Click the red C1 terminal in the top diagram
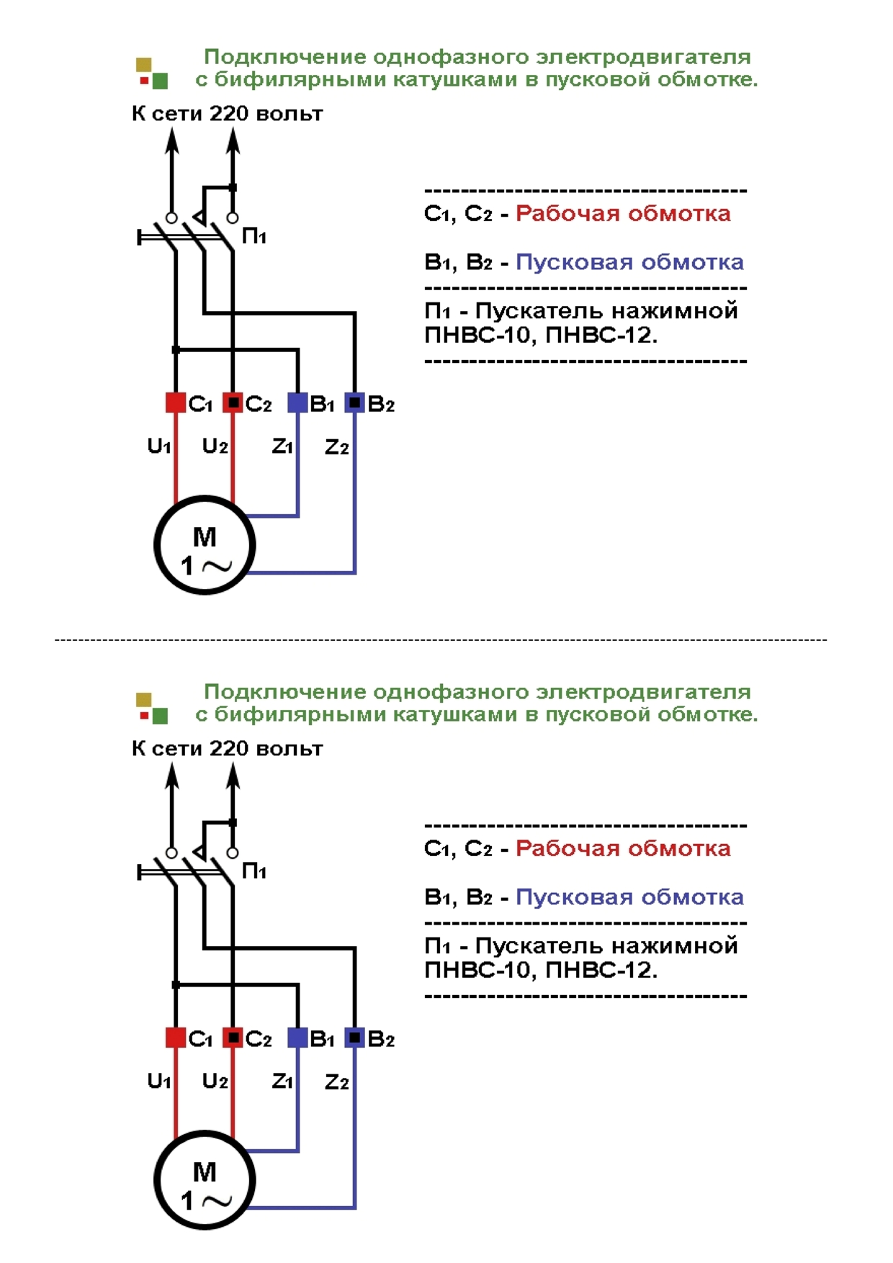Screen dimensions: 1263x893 [x=176, y=403]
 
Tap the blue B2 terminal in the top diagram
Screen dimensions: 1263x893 [x=354, y=403]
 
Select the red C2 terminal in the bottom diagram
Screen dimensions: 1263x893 [x=233, y=1038]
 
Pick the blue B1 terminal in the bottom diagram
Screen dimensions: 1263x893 [x=297, y=1038]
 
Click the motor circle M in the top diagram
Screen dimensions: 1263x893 [x=205, y=545]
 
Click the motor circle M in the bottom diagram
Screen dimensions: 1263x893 [x=205, y=1180]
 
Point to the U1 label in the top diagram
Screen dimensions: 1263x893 [x=158, y=446]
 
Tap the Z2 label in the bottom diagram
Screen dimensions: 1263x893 [x=336, y=1082]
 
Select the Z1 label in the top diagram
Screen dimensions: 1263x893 [x=282, y=446]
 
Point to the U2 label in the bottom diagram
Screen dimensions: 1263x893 [x=215, y=1082]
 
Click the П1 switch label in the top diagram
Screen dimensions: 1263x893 [x=254, y=235]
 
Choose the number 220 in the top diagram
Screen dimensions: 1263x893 [x=229, y=114]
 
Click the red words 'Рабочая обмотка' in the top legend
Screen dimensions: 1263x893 [x=623, y=214]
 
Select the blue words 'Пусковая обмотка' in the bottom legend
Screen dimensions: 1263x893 [x=629, y=897]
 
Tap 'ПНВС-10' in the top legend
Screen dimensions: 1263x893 [x=478, y=336]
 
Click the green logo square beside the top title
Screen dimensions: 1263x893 [x=161, y=81]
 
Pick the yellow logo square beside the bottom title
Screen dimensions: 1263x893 [x=144, y=700]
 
